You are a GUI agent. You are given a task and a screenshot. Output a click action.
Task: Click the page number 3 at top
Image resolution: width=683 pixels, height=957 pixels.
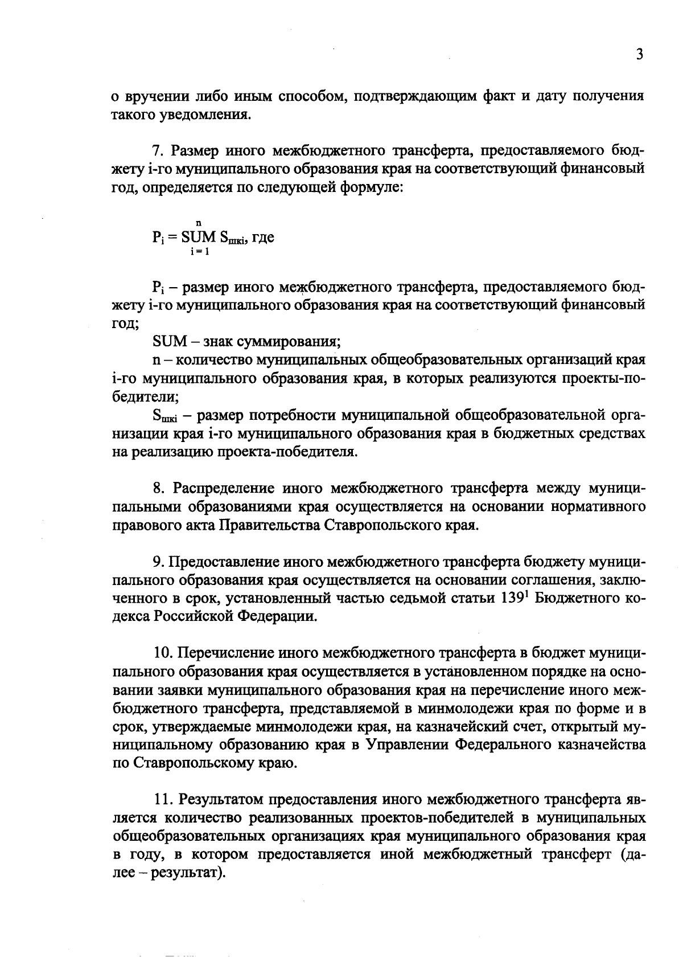tap(640, 55)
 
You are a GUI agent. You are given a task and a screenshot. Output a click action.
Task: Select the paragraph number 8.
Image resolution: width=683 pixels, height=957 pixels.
tap(158, 488)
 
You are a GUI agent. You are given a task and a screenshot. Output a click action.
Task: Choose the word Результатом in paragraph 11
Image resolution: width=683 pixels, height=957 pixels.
tap(218, 800)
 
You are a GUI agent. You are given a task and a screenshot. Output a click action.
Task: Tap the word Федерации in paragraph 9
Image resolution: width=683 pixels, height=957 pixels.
tap(275, 616)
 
